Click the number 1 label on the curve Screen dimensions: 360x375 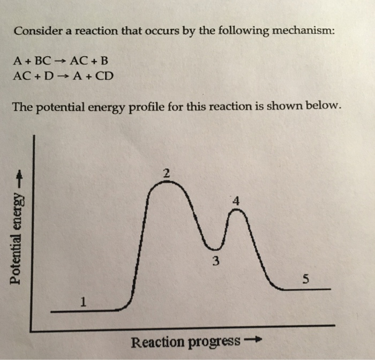pyautogui.click(x=82, y=302)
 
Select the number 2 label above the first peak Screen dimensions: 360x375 pyautogui.click(x=167, y=173)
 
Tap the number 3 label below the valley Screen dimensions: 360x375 pyautogui.click(x=215, y=261)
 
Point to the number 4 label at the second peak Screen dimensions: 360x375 pyautogui.click(x=236, y=201)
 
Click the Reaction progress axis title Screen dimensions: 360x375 pyautogui.click(x=185, y=341)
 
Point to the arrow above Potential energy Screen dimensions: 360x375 pyautogui.click(x=19, y=175)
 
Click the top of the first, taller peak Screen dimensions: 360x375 pyautogui.click(x=167, y=183)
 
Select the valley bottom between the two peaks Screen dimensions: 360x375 pyautogui.click(x=215, y=249)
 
